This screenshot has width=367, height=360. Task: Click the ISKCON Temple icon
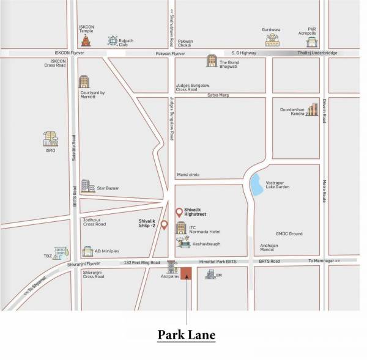click(x=86, y=41)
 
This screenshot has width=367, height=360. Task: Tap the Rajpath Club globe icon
click(x=113, y=40)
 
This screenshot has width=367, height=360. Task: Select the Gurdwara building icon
click(x=272, y=40)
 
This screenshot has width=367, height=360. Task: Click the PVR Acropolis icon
click(x=312, y=42)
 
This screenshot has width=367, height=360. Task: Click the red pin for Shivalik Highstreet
click(x=179, y=212)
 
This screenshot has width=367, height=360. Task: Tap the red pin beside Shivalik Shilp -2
click(x=164, y=224)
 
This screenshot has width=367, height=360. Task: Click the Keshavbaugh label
click(x=206, y=244)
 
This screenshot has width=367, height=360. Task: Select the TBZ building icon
click(x=60, y=252)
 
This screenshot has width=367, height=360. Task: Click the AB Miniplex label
click(x=107, y=251)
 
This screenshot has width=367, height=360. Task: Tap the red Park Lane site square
click(x=186, y=273)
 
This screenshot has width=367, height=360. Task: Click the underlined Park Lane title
click(x=187, y=335)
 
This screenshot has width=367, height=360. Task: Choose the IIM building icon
click(x=210, y=274)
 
